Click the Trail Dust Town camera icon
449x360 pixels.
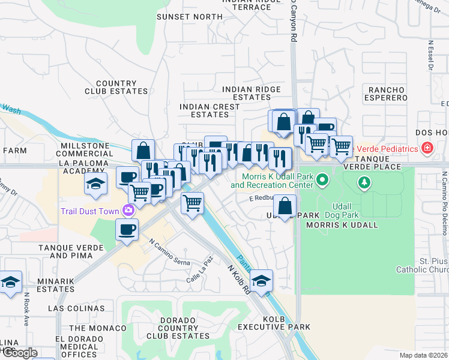128,210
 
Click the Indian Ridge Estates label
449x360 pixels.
252,93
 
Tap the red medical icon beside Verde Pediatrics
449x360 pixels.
427,148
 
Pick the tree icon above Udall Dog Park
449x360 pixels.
363,182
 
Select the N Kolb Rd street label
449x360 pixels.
238,280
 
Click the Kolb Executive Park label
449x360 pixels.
274,322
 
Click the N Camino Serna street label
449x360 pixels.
170,253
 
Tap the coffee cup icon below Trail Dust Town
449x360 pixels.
127,230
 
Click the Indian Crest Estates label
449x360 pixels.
209,110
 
